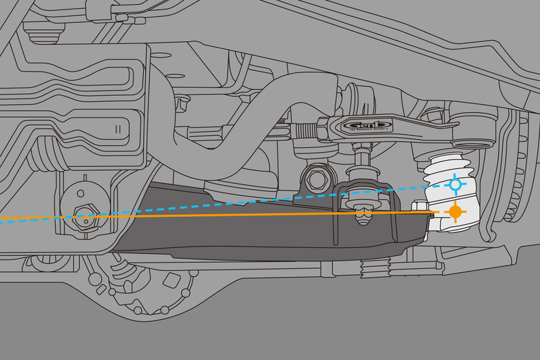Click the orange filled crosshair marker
(456, 212)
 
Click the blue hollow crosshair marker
(456, 183)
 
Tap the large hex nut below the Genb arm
(316, 178)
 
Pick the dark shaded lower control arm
(270, 233)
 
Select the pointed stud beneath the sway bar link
(362, 217)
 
